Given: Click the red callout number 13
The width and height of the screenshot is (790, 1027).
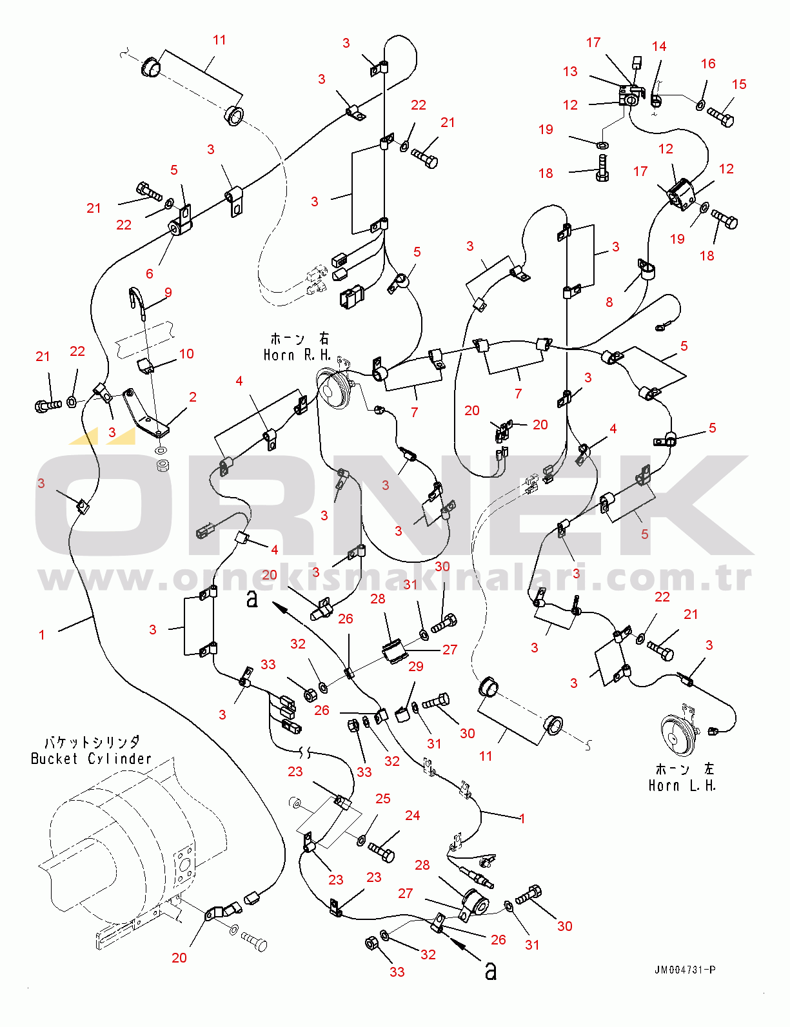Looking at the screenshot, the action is pyautogui.click(x=570, y=72).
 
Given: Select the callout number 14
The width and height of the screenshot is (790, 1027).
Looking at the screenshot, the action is pyautogui.click(x=659, y=46).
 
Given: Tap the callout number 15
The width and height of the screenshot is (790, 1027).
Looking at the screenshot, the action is pyautogui.click(x=739, y=84).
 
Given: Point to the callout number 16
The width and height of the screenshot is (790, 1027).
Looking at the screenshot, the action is pyautogui.click(x=707, y=64).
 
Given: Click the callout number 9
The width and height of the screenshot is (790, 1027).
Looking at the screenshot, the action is pyautogui.click(x=168, y=293).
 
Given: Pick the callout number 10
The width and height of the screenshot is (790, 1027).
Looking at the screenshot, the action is pyautogui.click(x=186, y=353).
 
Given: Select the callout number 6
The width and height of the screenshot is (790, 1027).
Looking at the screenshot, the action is pyautogui.click(x=150, y=273).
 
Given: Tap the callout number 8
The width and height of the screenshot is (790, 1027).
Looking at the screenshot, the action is pyautogui.click(x=609, y=302).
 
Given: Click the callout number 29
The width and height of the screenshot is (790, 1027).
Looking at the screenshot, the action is pyautogui.click(x=415, y=667).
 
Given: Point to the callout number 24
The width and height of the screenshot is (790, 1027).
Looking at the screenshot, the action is pyautogui.click(x=412, y=816).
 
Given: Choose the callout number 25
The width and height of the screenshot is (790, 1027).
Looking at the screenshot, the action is pyautogui.click(x=382, y=799).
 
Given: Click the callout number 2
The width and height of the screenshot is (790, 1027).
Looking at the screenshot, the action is pyautogui.click(x=192, y=397).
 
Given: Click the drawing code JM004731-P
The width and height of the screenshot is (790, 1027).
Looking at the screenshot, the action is pyautogui.click(x=685, y=970).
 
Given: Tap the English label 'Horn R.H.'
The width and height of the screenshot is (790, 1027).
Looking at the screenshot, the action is pyautogui.click(x=297, y=355).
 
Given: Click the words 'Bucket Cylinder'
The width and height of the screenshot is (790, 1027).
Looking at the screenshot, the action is pyautogui.click(x=91, y=759).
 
